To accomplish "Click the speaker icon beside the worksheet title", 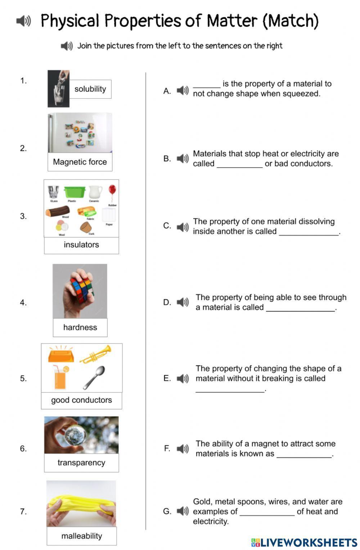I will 23,21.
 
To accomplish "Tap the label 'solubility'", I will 90,89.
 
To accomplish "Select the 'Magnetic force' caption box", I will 80,162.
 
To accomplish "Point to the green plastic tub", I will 75,192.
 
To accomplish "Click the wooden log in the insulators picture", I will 57,212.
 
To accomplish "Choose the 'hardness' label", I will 80,327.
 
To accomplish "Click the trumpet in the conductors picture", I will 96,354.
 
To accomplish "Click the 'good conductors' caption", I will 81,400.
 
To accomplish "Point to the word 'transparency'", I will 81,463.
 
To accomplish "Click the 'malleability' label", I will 81,536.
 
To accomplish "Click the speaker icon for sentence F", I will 183,449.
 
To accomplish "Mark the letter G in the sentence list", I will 167,511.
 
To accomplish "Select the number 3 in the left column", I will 23,216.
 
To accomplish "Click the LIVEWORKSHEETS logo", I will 304,542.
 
